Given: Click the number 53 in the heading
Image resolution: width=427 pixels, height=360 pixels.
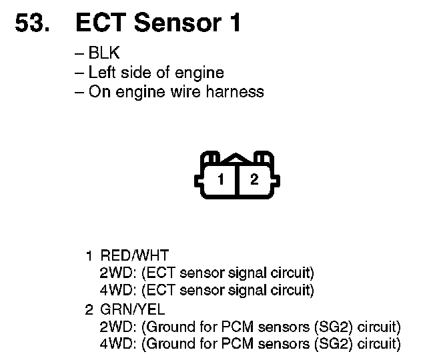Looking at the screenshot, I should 31,23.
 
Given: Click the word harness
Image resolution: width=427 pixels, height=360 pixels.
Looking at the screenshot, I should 238,92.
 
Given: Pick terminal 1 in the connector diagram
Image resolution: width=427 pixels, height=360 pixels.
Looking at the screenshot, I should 220,179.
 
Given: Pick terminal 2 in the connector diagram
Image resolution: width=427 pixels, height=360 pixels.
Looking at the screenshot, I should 254,179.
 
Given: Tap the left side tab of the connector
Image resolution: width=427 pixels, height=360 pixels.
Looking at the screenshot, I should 198,179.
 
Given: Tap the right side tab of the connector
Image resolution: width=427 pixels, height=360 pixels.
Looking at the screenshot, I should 276,179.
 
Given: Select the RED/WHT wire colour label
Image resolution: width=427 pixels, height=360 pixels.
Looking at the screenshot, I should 134,255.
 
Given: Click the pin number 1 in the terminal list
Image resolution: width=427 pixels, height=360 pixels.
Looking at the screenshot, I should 88,255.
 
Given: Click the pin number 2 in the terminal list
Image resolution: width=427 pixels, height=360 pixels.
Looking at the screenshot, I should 88,309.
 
